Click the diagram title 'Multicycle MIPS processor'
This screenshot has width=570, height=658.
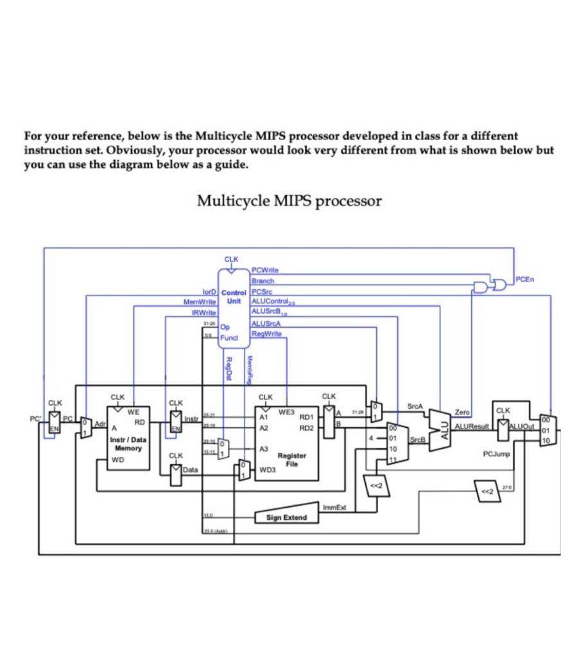(289, 200)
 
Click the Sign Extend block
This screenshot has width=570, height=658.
(282, 518)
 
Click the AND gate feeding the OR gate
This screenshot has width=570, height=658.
(481, 285)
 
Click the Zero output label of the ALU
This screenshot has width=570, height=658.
(462, 411)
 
